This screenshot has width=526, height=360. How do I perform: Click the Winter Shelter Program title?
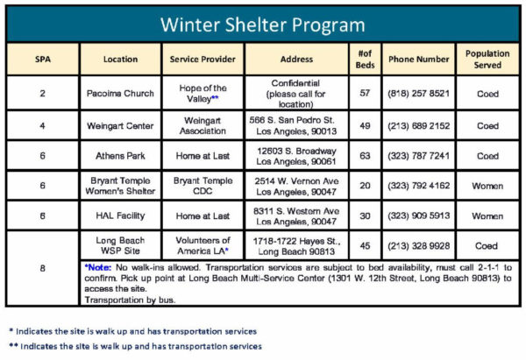[263, 23]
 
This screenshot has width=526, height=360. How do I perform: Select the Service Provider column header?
[205, 60]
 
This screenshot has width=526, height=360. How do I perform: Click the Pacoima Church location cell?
[121, 93]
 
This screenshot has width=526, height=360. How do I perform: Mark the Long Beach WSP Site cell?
[121, 245]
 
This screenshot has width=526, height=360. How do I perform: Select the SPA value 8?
[42, 268]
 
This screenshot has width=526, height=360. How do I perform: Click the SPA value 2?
[42, 93]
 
